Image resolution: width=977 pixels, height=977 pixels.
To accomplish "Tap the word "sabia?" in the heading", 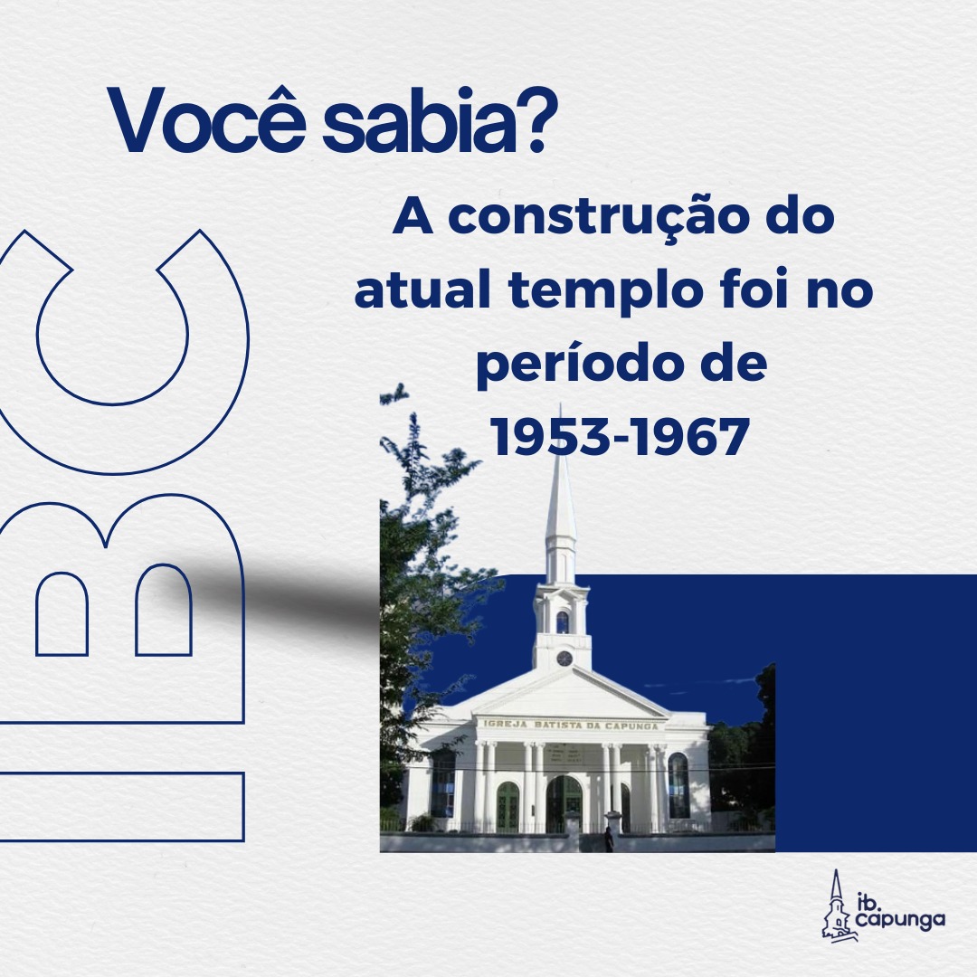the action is [x=435, y=121].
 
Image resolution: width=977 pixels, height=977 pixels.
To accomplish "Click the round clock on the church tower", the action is [x=564, y=658].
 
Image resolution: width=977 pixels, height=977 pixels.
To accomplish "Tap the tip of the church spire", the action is [x=560, y=405].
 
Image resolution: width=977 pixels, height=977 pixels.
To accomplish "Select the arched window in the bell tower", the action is [x=563, y=621].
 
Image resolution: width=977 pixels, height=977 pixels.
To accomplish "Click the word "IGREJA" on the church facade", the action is [x=506, y=724].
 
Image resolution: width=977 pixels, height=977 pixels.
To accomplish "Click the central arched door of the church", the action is [x=564, y=804].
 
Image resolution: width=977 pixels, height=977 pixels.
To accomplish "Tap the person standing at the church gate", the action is [x=609, y=839].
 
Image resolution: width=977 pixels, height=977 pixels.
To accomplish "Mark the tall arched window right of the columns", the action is [x=678, y=785].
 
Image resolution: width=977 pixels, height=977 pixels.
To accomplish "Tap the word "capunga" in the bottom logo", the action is [x=900, y=919].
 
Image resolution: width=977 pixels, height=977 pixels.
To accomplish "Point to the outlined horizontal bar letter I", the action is [x=121, y=807].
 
